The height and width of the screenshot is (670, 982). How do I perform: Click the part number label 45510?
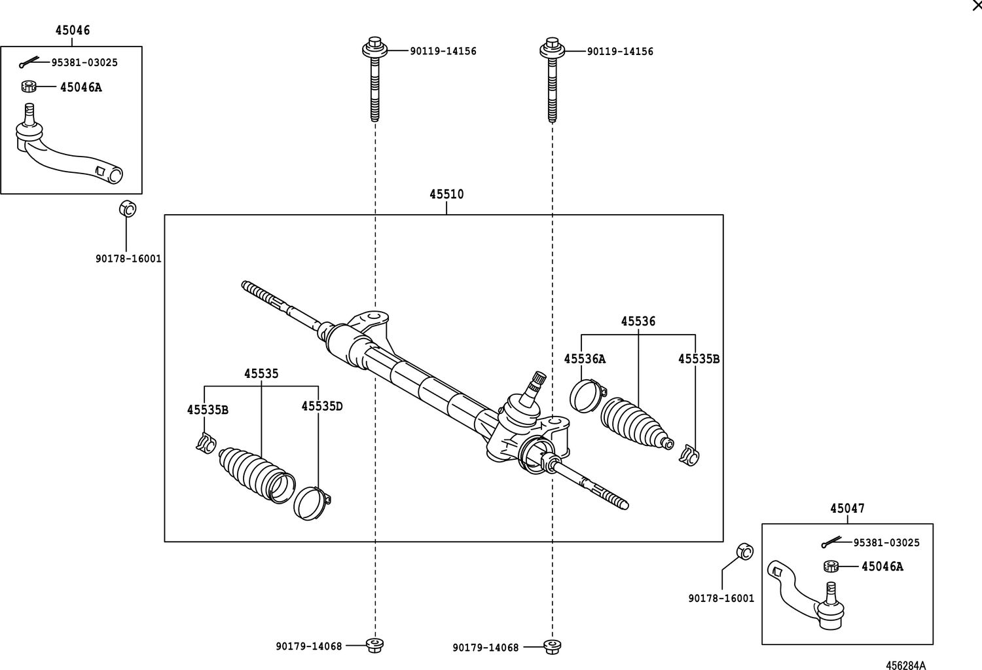(x=446, y=195)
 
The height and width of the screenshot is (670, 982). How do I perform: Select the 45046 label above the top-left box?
(x=72, y=30)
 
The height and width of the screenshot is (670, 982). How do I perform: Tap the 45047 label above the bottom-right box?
(x=847, y=508)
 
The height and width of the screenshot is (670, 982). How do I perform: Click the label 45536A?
(x=585, y=359)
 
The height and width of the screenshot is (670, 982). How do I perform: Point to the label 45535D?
(x=322, y=406)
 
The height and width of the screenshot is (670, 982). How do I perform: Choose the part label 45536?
(x=638, y=322)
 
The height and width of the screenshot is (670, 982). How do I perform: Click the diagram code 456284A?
(x=905, y=665)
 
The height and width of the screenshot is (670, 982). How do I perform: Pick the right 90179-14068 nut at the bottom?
(x=553, y=646)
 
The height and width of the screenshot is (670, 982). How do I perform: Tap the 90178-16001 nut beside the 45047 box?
(x=744, y=551)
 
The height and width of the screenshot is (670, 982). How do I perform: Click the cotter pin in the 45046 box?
(x=30, y=63)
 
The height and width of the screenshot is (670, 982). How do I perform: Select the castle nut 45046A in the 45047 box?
(x=832, y=566)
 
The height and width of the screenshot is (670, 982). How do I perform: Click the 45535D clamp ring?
(x=310, y=503)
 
